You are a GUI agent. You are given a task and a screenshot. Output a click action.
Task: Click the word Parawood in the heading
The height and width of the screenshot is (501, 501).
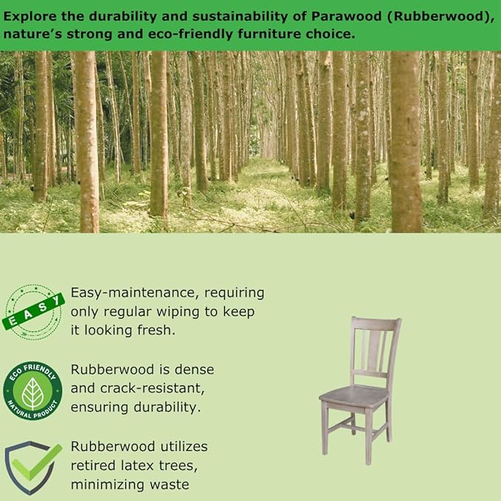pyautogui.click(x=346, y=16)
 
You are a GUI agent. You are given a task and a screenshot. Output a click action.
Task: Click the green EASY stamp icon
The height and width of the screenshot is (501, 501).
pyautogui.click(x=33, y=312)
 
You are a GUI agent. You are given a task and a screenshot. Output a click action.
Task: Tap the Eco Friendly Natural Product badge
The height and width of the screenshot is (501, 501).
pyautogui.click(x=32, y=390)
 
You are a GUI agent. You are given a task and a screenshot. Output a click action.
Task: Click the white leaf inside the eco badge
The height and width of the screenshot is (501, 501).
pyautogui.click(x=32, y=394)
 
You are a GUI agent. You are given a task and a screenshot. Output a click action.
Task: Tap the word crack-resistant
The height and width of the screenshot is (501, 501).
pyautogui.click(x=152, y=388)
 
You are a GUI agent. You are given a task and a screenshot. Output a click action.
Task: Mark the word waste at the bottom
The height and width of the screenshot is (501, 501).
pyautogui.click(x=170, y=485)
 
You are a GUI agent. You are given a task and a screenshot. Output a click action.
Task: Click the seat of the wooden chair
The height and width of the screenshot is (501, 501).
pyautogui.click(x=353, y=395)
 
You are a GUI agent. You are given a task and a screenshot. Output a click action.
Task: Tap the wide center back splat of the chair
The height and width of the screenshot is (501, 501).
pyautogui.click(x=375, y=350)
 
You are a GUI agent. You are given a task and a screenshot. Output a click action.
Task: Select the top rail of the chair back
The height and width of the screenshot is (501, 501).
pyautogui.click(x=376, y=324)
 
